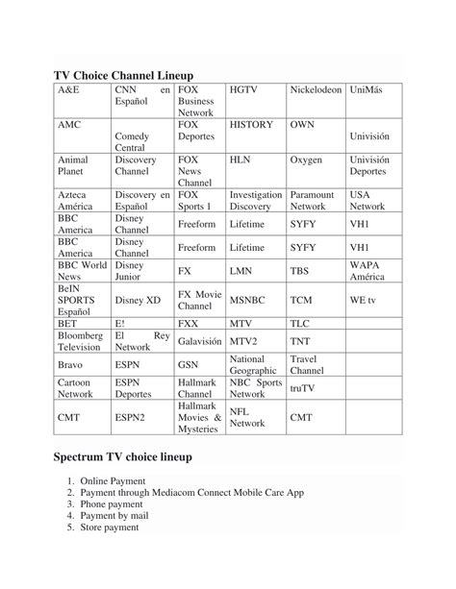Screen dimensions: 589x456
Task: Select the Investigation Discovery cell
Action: click(256, 200)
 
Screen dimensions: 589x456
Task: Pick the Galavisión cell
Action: click(200, 341)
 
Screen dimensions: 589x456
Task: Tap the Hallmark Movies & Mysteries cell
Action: click(199, 418)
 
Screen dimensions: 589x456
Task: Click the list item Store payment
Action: click(110, 527)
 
